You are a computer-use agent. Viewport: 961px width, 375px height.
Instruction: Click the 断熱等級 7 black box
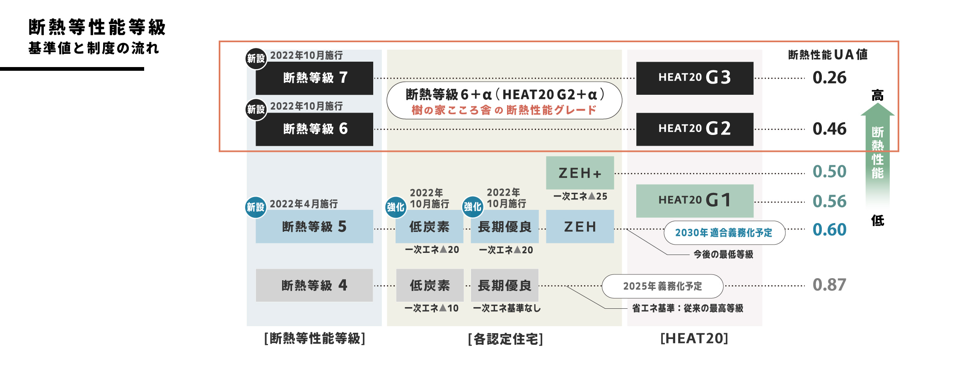point(314,78)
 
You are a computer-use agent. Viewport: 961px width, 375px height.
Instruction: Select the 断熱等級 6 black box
point(314,129)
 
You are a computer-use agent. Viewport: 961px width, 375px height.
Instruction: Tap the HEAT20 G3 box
point(695,78)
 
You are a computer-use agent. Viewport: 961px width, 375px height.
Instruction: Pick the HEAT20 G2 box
point(695,129)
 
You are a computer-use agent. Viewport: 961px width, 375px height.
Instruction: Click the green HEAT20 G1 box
point(695,201)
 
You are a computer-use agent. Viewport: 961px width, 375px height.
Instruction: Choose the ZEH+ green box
point(580,173)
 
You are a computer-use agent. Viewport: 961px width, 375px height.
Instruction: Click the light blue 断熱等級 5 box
point(314,226)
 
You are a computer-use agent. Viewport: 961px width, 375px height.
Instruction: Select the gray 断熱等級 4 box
point(314,285)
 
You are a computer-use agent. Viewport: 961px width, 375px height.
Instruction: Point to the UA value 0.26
point(829,78)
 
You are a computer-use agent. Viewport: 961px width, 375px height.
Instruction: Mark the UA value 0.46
point(829,129)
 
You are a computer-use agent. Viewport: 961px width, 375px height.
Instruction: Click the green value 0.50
point(829,172)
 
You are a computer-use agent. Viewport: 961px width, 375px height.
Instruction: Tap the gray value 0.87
point(829,285)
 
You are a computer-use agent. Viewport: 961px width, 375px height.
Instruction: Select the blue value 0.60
point(829,230)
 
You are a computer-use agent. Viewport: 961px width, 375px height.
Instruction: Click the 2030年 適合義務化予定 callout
point(724,233)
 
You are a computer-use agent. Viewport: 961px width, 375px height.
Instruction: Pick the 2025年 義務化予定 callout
point(662,286)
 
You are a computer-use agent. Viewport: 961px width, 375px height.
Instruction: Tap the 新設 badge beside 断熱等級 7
point(256,59)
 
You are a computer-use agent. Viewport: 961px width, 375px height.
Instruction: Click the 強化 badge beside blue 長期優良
point(473,207)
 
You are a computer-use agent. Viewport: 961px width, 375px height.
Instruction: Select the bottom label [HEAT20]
point(694,339)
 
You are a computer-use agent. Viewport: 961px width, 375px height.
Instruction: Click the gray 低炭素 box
point(430,285)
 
